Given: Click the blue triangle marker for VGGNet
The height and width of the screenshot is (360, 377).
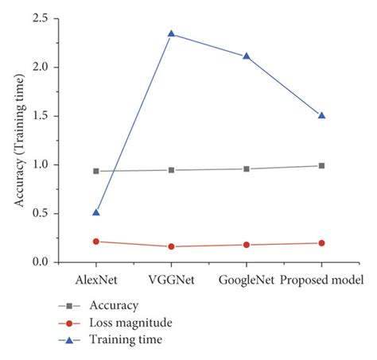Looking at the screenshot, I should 171,33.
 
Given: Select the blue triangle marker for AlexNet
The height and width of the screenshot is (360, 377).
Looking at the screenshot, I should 96,212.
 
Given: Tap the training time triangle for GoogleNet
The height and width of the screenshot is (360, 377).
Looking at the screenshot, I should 247,56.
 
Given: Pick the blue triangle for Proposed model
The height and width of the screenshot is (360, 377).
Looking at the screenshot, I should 321,115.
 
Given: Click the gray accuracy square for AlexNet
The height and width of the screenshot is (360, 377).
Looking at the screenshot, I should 96,171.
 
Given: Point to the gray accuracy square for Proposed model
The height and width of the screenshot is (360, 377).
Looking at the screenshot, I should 321,165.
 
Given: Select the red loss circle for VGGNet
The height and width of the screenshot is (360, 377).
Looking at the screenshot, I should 171,246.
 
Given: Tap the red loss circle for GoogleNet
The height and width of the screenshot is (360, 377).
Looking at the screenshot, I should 247,245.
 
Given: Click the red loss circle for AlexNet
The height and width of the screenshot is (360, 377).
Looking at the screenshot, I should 96,241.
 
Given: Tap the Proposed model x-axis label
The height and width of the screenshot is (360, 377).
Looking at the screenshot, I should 322,281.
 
